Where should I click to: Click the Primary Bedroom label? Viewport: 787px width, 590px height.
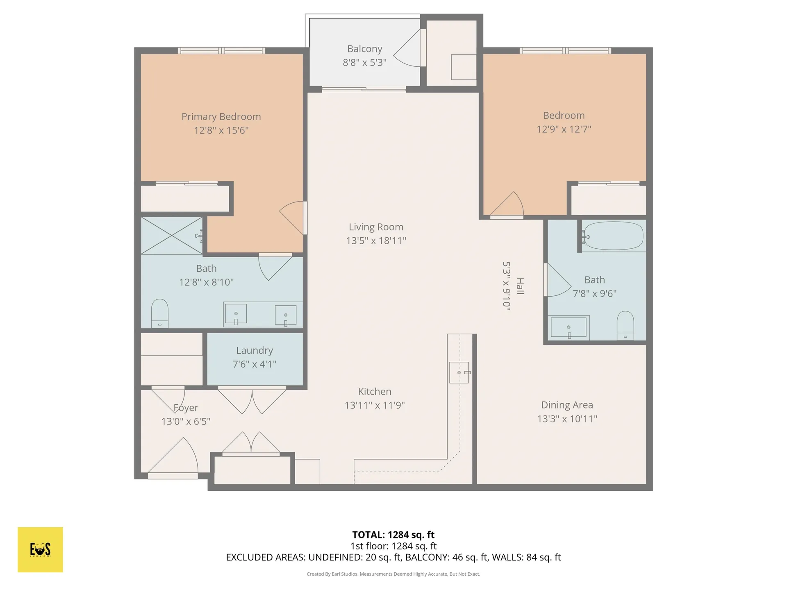click(221, 117)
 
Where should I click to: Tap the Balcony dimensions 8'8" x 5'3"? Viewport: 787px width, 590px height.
click(364, 62)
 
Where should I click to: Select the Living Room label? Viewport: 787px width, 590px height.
click(376, 227)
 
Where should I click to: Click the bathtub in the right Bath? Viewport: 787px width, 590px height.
click(613, 236)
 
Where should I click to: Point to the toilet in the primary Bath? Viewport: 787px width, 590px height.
click(160, 313)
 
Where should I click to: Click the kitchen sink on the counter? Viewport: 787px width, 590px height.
click(459, 372)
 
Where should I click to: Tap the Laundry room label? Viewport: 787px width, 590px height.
click(255, 351)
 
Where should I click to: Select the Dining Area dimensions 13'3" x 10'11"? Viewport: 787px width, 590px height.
click(567, 419)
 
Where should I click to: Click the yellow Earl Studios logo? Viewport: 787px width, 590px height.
click(40, 549)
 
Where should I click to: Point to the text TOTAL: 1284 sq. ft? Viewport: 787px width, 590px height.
click(393, 535)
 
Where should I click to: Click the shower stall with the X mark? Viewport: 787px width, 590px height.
click(172, 236)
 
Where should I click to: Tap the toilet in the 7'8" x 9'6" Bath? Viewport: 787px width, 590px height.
click(626, 325)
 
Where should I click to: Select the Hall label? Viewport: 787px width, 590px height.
click(520, 286)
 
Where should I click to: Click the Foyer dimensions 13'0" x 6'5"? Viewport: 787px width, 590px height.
click(186, 421)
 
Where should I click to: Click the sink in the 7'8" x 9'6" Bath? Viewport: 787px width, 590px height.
click(569, 327)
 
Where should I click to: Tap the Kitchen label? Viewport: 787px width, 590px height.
click(375, 392)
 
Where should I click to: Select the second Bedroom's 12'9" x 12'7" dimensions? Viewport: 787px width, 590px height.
click(564, 129)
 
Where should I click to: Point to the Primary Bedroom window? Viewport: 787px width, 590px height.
click(221, 51)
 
